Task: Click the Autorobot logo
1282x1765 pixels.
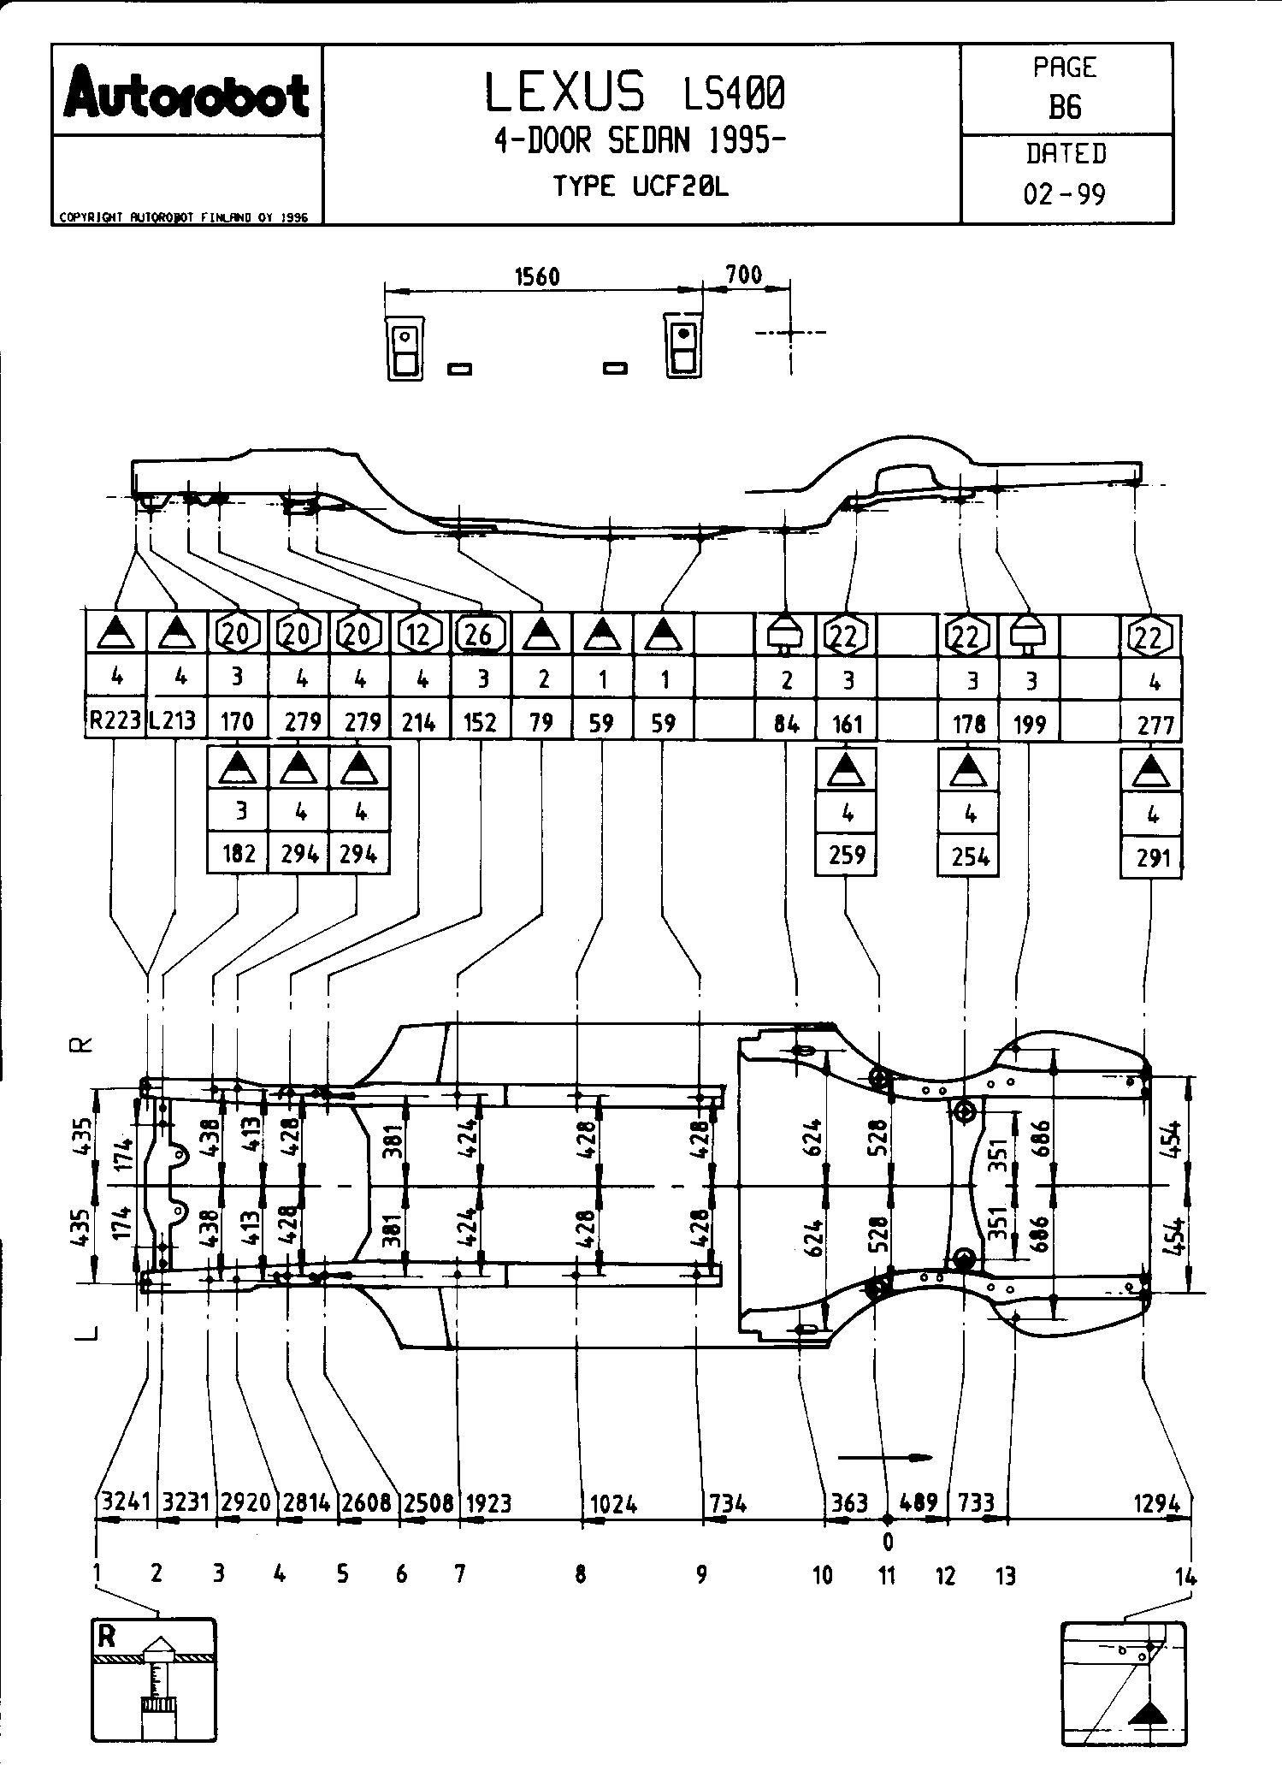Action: pos(186,95)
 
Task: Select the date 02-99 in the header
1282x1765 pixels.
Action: pos(1065,194)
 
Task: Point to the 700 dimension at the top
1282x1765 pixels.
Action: pos(743,275)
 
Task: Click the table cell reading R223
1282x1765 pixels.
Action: pos(115,721)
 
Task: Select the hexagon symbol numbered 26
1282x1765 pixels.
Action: pos(479,635)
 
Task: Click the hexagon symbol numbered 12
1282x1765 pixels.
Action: pos(418,635)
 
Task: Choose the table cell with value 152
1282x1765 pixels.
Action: pos(479,723)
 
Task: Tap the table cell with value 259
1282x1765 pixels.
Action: pos(847,855)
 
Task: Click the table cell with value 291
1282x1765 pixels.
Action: pos(1153,856)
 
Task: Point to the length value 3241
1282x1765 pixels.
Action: pos(126,1502)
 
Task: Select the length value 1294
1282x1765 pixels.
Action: pos(1158,1502)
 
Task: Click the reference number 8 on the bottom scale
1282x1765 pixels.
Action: pos(581,1574)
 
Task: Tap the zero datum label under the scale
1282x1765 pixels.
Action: pos(888,1542)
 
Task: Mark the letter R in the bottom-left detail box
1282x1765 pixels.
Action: pos(106,1637)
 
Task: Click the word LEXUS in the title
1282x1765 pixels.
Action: pos(565,92)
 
